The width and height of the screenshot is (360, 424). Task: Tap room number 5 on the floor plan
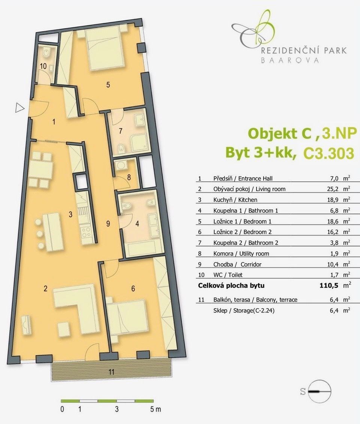click(x=108, y=85)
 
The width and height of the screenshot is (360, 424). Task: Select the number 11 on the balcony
click(x=111, y=372)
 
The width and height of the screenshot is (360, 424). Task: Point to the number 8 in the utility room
click(x=129, y=177)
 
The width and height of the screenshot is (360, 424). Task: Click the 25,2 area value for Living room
click(x=333, y=189)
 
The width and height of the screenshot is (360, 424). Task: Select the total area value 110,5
click(x=329, y=285)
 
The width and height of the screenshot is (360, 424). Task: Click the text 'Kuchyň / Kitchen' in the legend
click(x=235, y=200)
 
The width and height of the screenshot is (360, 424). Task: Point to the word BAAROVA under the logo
click(x=289, y=60)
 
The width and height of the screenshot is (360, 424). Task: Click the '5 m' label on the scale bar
click(x=155, y=409)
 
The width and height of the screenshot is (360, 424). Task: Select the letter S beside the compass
click(x=303, y=391)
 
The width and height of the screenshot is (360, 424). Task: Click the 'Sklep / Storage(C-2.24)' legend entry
click(x=244, y=311)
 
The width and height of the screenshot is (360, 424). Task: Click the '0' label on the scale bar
click(x=62, y=409)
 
